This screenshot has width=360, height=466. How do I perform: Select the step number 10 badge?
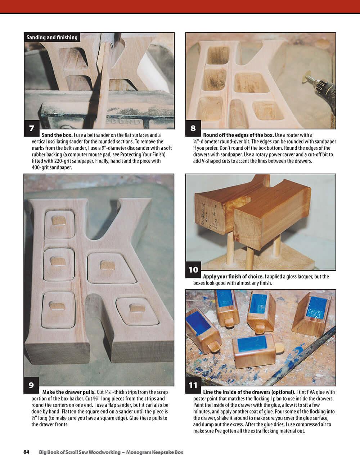[x=193, y=270]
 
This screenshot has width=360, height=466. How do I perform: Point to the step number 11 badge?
[x=193, y=385]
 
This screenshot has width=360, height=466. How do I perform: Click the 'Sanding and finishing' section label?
[x=52, y=37]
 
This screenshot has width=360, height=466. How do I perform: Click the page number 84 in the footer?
[x=26, y=452]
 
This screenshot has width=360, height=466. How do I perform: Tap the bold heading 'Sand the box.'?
[x=57, y=135]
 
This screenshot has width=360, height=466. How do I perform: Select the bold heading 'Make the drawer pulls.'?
[x=69, y=392]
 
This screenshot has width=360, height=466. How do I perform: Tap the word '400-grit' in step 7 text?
[x=41, y=167]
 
